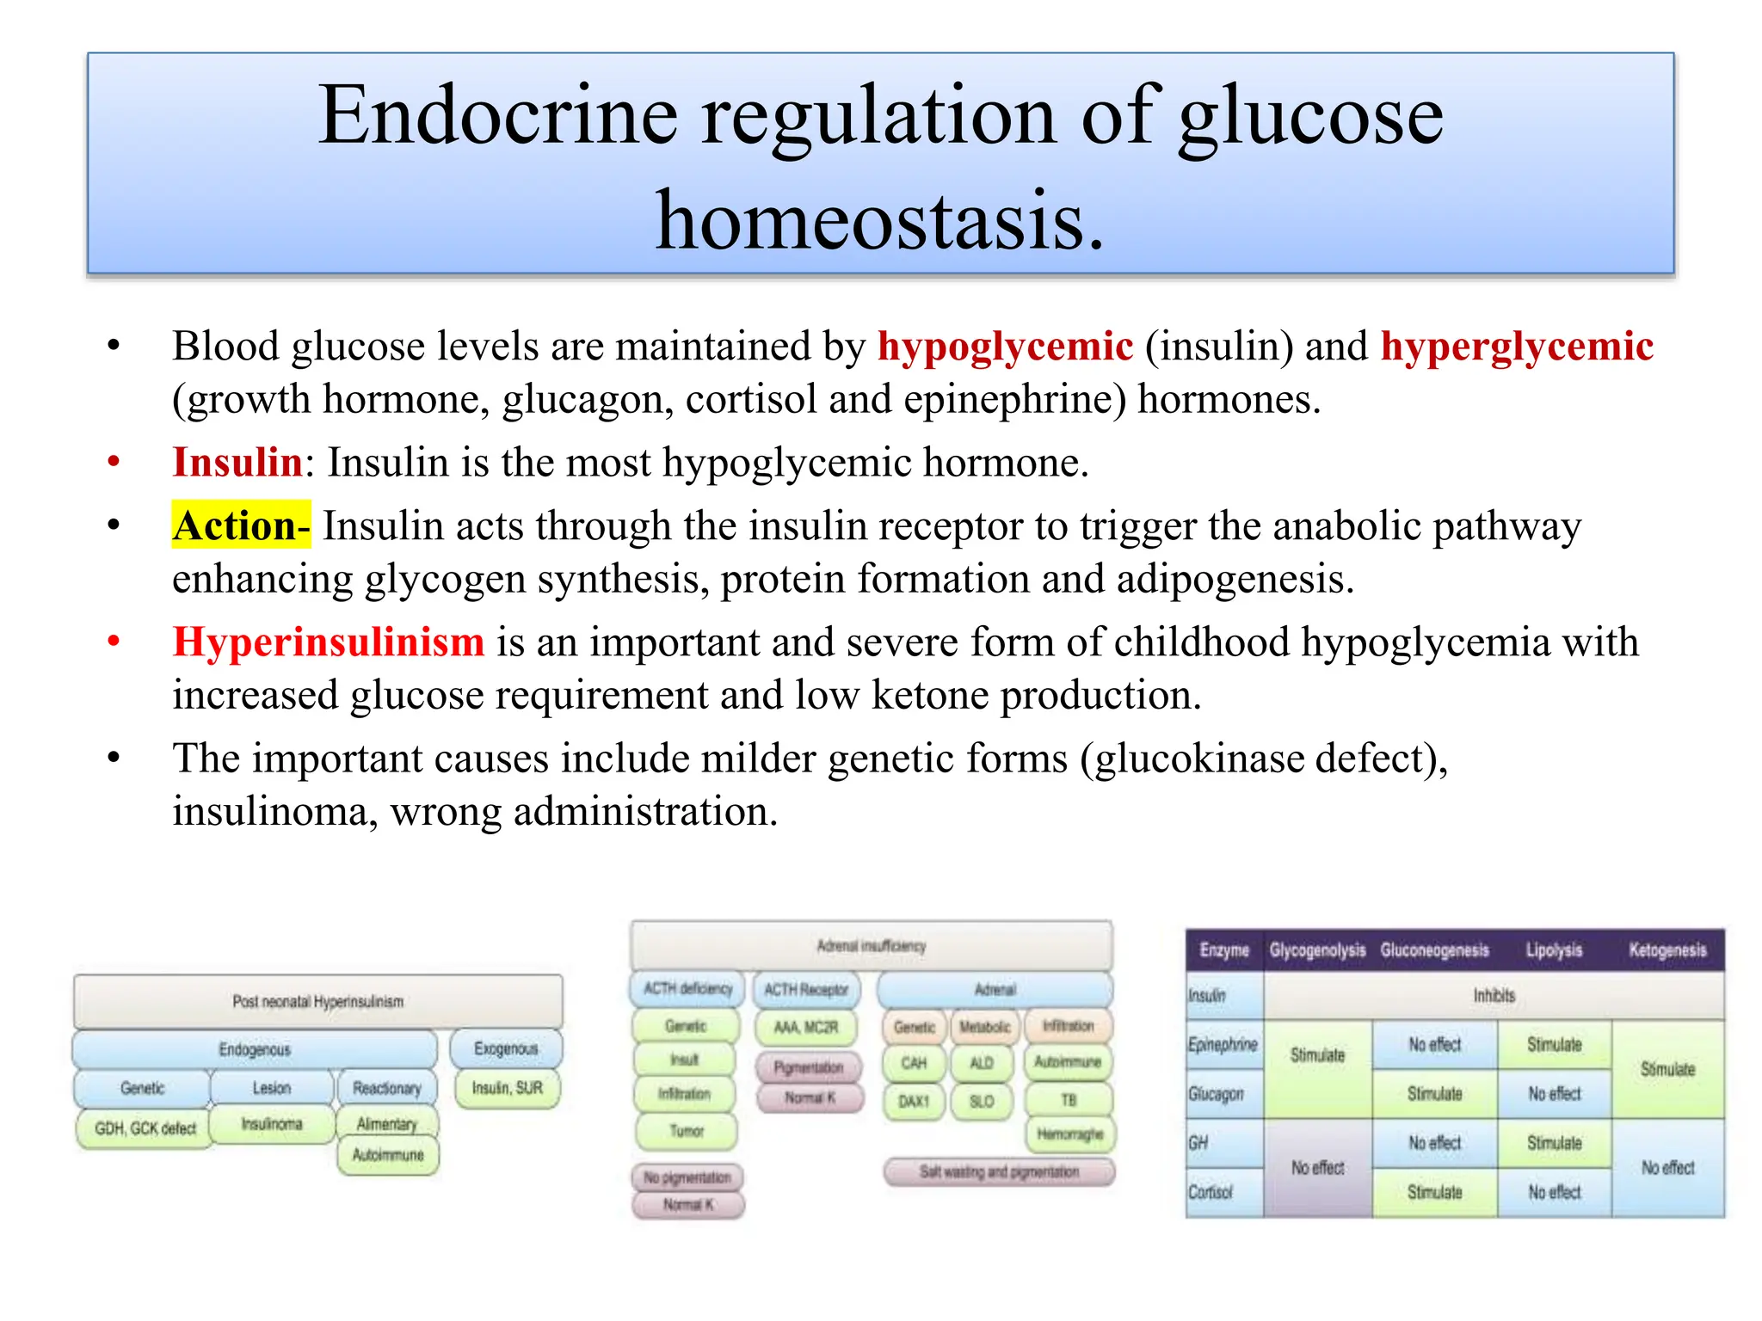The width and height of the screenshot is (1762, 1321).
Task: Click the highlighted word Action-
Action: tap(241, 525)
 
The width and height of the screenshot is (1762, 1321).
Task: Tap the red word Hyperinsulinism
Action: tap(329, 642)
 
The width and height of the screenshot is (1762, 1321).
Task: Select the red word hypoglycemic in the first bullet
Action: tap(1005, 346)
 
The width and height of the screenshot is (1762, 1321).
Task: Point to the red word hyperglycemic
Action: tap(1517, 346)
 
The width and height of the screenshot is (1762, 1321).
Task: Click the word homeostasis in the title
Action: tap(879, 221)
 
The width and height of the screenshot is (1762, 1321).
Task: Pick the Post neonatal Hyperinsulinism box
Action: tap(318, 1001)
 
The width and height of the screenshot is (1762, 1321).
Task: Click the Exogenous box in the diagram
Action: tap(506, 1048)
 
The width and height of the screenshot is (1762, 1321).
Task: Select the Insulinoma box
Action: tap(272, 1124)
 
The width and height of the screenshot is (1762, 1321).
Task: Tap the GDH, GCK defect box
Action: tap(145, 1128)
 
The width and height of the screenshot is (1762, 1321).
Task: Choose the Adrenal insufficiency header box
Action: tap(871, 946)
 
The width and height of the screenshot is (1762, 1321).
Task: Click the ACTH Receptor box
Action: tap(806, 990)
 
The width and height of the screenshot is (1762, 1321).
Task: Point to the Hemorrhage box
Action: tap(1069, 1134)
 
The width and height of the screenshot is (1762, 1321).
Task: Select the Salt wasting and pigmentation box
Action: tap(999, 1171)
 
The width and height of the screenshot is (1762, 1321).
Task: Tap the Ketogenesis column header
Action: tap(1667, 950)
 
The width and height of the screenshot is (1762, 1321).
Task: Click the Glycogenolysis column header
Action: tap(1317, 950)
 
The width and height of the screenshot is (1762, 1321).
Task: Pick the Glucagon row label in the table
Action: tap(1216, 1094)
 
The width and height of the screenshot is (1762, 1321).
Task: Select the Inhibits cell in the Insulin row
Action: tap(1494, 995)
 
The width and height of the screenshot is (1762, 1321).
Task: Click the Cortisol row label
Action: tap(1211, 1192)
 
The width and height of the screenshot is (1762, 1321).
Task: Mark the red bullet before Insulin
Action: tap(114, 463)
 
